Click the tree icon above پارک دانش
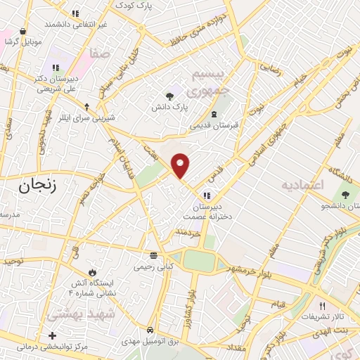tap(169, 97)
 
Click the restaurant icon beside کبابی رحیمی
tap(153, 255)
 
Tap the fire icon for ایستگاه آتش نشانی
tap(91, 272)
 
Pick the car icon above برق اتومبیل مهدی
tap(151, 330)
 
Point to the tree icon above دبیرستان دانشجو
tap(345, 195)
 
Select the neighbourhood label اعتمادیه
tap(302, 186)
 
